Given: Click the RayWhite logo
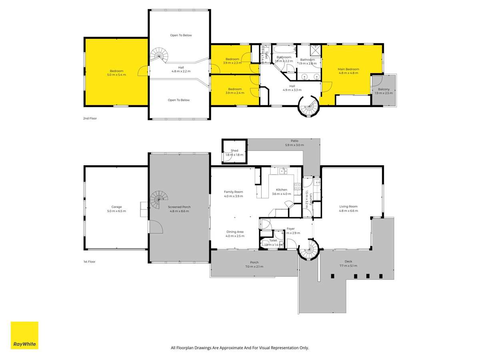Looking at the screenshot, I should point(24,335).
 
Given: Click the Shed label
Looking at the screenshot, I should point(234,150).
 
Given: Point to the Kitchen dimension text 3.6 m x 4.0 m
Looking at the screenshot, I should point(282,194).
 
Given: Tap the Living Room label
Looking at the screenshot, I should point(348,206).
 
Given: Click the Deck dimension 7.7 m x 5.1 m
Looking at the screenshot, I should point(348,266).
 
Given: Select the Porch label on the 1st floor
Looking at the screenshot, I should point(254,262).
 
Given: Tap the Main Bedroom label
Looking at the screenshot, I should point(348,69).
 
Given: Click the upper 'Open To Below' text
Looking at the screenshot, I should point(181,35).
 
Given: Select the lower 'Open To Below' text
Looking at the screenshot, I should point(179,100).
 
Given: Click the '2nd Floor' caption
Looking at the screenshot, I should point(90,118).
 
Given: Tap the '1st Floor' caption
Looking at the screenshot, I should point(90,262).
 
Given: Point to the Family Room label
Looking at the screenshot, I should point(233,192).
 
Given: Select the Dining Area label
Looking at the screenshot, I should point(234,232).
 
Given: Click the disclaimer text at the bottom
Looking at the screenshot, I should point(240,348).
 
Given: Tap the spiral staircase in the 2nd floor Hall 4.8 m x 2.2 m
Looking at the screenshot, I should point(159,55).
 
